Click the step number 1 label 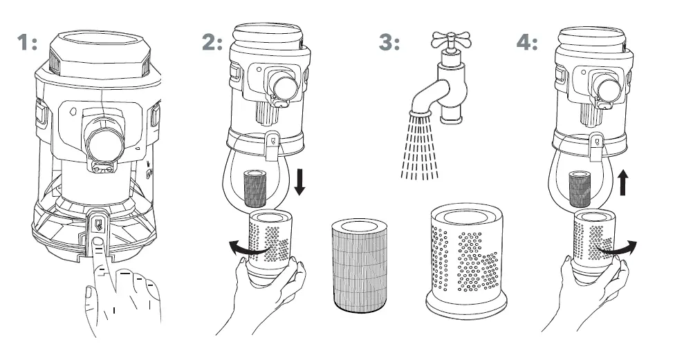(28, 43)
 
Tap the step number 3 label (389, 43)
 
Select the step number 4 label (527, 43)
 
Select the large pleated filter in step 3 (359, 265)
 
